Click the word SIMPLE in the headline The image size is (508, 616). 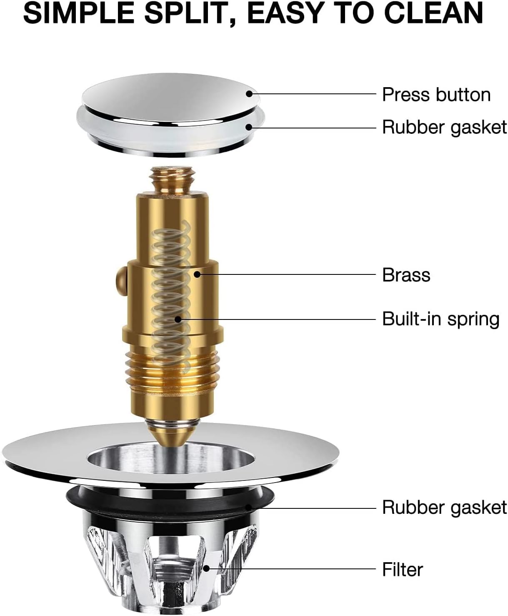click(x=79, y=14)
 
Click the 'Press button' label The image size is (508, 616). click(x=436, y=95)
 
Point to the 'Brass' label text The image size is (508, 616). click(x=406, y=275)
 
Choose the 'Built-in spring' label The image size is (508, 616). click(x=441, y=319)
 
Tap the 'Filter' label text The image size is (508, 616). click(x=403, y=569)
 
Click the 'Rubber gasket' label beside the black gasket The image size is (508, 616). click(x=444, y=508)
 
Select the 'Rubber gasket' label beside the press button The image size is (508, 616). click(x=444, y=128)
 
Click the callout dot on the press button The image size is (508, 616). click(x=250, y=94)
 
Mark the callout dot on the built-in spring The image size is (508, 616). click(x=178, y=319)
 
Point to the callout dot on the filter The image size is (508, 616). click(x=207, y=568)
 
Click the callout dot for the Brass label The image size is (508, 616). click(x=197, y=274)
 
